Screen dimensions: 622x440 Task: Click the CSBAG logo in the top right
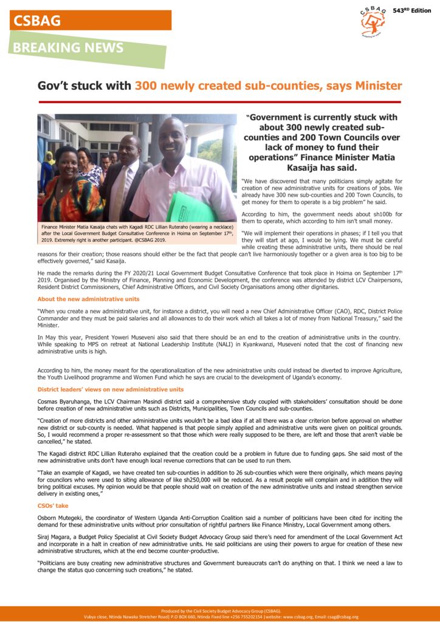point(373,21)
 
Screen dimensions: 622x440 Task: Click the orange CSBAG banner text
point(38,21)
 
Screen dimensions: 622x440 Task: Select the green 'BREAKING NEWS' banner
point(69,48)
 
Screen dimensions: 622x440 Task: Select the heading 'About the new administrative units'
point(89,299)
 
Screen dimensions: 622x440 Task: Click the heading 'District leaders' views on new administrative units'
point(111,389)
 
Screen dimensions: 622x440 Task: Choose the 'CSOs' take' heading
point(53,505)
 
